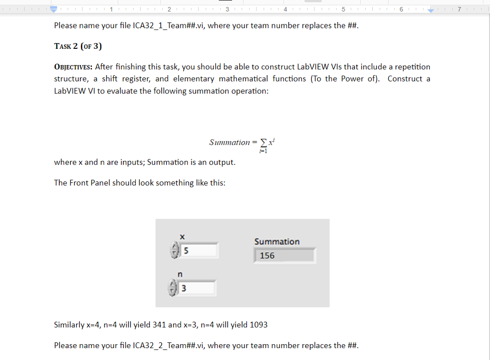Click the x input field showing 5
tap(199, 250)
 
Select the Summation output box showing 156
tap(284, 256)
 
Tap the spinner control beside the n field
tap(173, 289)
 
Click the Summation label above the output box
tap(277, 242)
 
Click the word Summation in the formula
tap(229, 142)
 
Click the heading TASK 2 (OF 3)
tap(78, 46)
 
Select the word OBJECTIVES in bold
tap(73, 67)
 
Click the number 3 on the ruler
tap(227, 10)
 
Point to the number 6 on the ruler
tap(401, 10)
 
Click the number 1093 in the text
tap(259, 325)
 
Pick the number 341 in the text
tap(159, 325)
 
